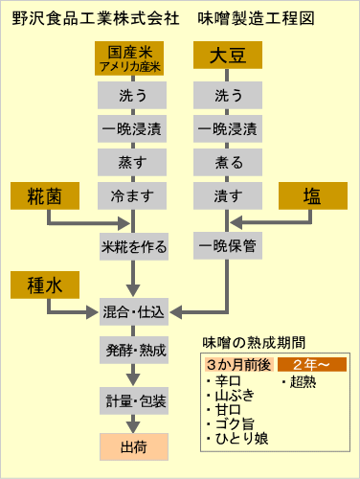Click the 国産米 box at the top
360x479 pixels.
134,59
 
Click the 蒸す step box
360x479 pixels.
134,162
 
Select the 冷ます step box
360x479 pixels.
134,196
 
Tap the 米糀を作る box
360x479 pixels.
134,246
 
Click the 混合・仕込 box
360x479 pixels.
134,311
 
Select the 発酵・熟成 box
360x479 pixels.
134,350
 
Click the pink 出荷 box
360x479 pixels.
134,445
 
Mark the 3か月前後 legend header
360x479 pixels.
239,365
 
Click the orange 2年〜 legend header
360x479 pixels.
311,365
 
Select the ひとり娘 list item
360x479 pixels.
240,439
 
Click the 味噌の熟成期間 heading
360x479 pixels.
254,342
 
